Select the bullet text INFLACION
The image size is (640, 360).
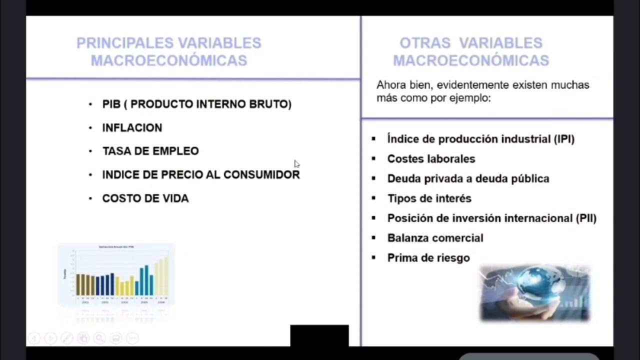pyautogui.click(x=132, y=128)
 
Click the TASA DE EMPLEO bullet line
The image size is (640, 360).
pyautogui.click(x=150, y=151)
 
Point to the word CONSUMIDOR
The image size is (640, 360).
pyautogui.click(x=261, y=174)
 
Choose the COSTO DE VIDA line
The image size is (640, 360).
pyautogui.click(x=145, y=198)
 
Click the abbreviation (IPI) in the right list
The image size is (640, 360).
pyautogui.click(x=564, y=139)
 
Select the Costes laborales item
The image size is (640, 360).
pyautogui.click(x=431, y=159)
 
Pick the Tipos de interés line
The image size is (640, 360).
pyautogui.click(x=429, y=198)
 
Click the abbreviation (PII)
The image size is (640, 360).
pyautogui.click(x=585, y=218)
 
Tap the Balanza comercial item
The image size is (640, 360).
pyautogui.click(x=435, y=238)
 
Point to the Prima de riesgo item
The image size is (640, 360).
pyautogui.click(x=428, y=258)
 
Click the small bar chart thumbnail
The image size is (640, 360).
pyautogui.click(x=116, y=274)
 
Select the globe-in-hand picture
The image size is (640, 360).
pyautogui.click(x=535, y=293)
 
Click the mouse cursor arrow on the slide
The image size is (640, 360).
pyautogui.click(x=296, y=163)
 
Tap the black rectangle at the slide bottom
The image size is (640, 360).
pyautogui.click(x=319, y=335)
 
